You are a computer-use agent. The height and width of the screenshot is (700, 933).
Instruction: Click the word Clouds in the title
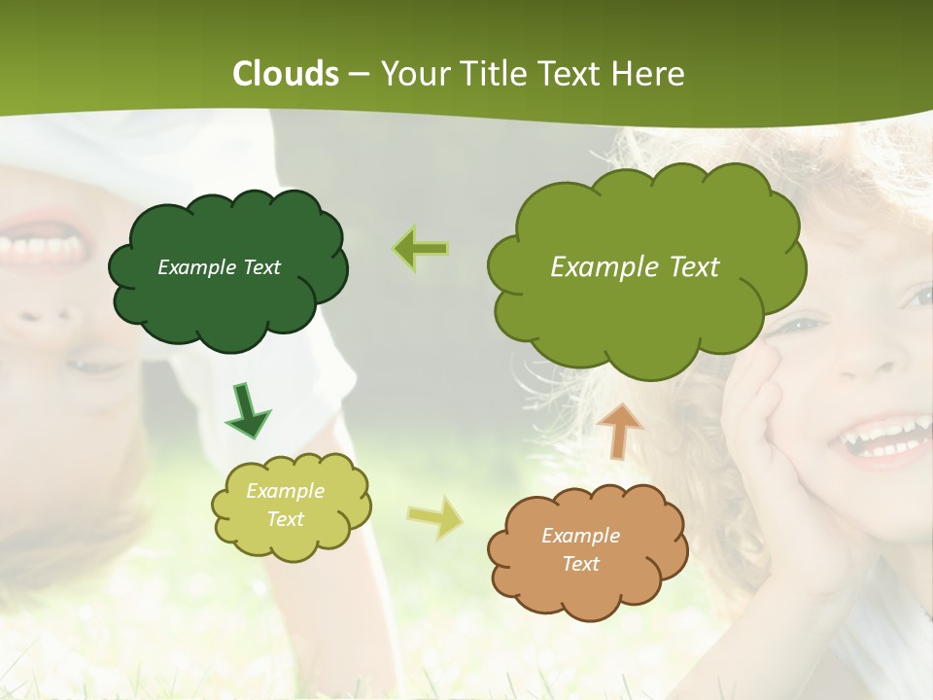click(286, 74)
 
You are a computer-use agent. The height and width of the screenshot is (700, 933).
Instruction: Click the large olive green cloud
click(646, 311)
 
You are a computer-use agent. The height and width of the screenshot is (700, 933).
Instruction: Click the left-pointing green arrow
click(421, 249)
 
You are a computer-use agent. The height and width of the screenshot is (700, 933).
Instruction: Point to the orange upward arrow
click(619, 431)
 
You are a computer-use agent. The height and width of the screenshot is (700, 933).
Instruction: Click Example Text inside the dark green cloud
click(219, 267)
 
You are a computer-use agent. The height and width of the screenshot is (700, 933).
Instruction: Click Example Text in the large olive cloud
click(635, 267)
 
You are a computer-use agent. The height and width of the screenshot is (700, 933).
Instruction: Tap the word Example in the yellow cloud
click(285, 491)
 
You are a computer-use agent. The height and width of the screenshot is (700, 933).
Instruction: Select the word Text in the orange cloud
click(580, 564)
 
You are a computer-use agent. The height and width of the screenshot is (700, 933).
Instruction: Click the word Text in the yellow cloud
click(285, 519)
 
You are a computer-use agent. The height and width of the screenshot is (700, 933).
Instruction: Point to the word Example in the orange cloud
click(580, 536)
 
